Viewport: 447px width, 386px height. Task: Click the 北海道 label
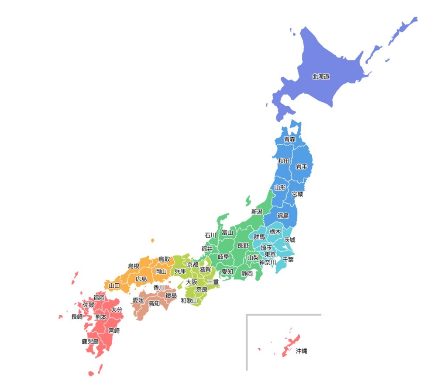click(x=320, y=77)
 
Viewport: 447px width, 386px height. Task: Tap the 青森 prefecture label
click(x=289, y=139)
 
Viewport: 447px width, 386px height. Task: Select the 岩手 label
click(x=301, y=167)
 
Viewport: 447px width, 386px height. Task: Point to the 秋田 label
click(x=284, y=161)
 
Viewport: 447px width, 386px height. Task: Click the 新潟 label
click(x=257, y=212)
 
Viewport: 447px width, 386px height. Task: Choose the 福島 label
click(x=283, y=216)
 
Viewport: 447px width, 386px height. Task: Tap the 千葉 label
click(x=288, y=259)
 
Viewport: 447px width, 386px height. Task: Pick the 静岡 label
click(x=247, y=274)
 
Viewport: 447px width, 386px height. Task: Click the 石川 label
click(x=210, y=235)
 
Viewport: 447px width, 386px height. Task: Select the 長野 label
click(x=243, y=246)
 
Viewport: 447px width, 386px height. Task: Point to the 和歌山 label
click(x=189, y=301)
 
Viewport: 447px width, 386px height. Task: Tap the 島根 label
click(x=134, y=266)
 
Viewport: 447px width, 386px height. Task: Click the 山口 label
click(x=114, y=286)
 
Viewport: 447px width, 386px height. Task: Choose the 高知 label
click(x=154, y=303)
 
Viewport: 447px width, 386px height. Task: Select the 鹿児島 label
click(x=90, y=341)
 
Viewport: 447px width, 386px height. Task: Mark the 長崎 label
click(x=77, y=316)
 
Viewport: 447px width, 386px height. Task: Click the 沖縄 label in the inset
click(x=301, y=351)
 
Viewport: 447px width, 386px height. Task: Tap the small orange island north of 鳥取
click(x=152, y=240)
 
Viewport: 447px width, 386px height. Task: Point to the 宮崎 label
click(x=114, y=331)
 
